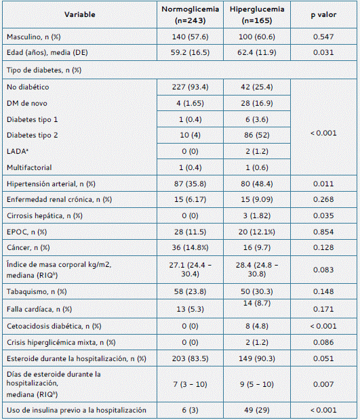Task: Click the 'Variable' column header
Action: [79, 14]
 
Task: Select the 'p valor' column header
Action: [323, 15]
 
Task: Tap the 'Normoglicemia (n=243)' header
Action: [190, 15]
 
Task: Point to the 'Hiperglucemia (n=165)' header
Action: [257, 15]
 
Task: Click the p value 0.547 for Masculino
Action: [323, 37]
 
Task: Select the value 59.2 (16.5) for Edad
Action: [190, 53]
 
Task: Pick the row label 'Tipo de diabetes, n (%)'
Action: [44, 70]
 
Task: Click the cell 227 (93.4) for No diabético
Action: [190, 87]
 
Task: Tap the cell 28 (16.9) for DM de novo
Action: [257, 104]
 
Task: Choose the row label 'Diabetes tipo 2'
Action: [32, 135]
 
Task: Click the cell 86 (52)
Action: [257, 135]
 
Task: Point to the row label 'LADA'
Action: [18, 151]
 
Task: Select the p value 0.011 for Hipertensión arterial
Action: [323, 184]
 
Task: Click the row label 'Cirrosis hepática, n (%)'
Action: [45, 216]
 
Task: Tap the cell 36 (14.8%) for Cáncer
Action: [190, 247]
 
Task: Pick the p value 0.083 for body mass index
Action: [323, 270]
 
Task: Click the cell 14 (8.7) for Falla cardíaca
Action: [257, 303]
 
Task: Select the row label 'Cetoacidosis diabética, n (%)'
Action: [54, 327]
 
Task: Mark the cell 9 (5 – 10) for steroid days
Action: [257, 384]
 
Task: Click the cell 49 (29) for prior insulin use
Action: [257, 410]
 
